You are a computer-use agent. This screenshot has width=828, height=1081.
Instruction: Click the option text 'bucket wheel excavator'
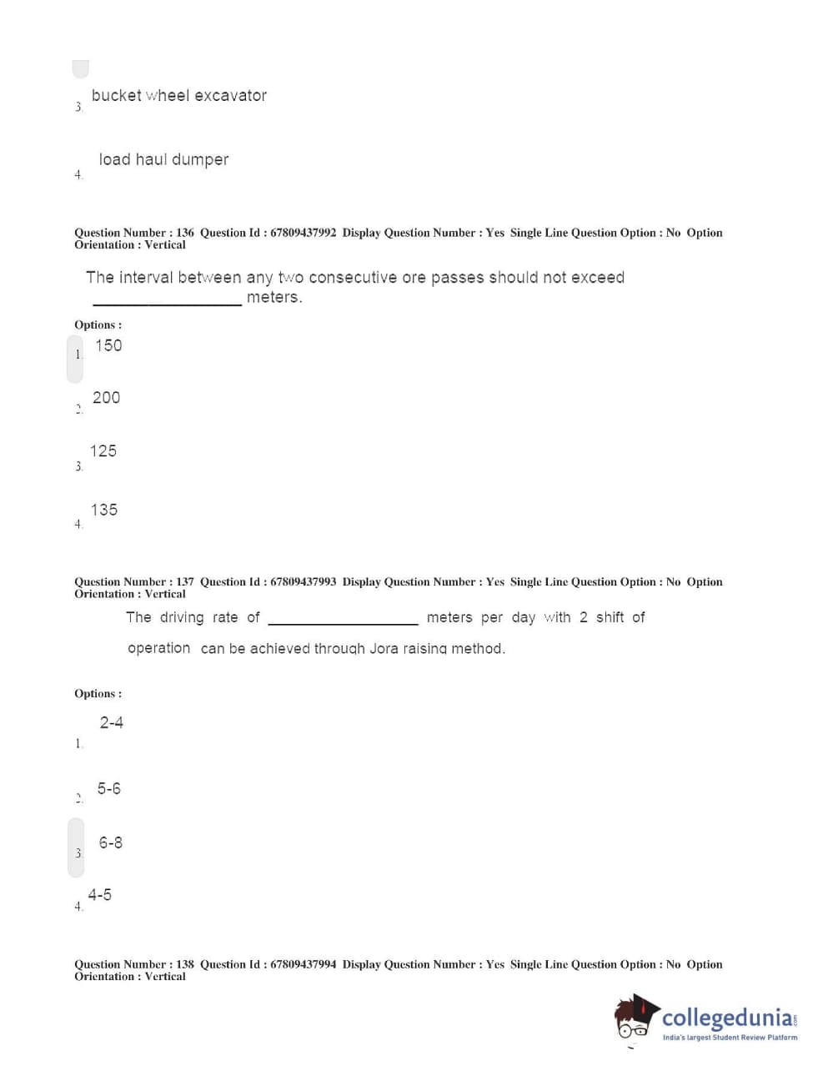click(x=178, y=96)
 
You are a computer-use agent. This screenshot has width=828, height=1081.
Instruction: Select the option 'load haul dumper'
click(x=163, y=159)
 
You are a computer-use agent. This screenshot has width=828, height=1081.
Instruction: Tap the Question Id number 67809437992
click(x=303, y=233)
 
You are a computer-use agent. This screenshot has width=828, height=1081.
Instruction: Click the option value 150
click(x=108, y=345)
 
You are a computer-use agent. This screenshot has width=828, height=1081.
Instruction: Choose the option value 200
click(x=106, y=398)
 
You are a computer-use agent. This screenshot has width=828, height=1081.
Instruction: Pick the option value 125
click(x=103, y=451)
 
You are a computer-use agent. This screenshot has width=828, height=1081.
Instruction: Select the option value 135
click(x=104, y=510)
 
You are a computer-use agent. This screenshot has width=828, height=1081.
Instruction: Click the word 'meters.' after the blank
click(x=274, y=297)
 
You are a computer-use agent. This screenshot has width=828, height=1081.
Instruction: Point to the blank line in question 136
click(x=167, y=303)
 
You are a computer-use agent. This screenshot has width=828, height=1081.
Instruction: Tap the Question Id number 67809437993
click(x=303, y=582)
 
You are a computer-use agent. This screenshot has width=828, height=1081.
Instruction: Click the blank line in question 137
click(x=343, y=622)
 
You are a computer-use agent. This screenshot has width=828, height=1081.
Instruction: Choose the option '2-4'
click(x=112, y=722)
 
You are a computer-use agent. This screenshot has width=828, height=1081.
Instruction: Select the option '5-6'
click(x=108, y=788)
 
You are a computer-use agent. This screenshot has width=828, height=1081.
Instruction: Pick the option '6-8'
click(x=110, y=842)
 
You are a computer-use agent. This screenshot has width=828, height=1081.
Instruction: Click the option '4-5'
click(x=100, y=895)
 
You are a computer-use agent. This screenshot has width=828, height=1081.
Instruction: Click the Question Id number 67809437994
click(x=303, y=964)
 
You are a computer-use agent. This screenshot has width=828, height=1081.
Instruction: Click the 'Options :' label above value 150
click(x=98, y=325)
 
